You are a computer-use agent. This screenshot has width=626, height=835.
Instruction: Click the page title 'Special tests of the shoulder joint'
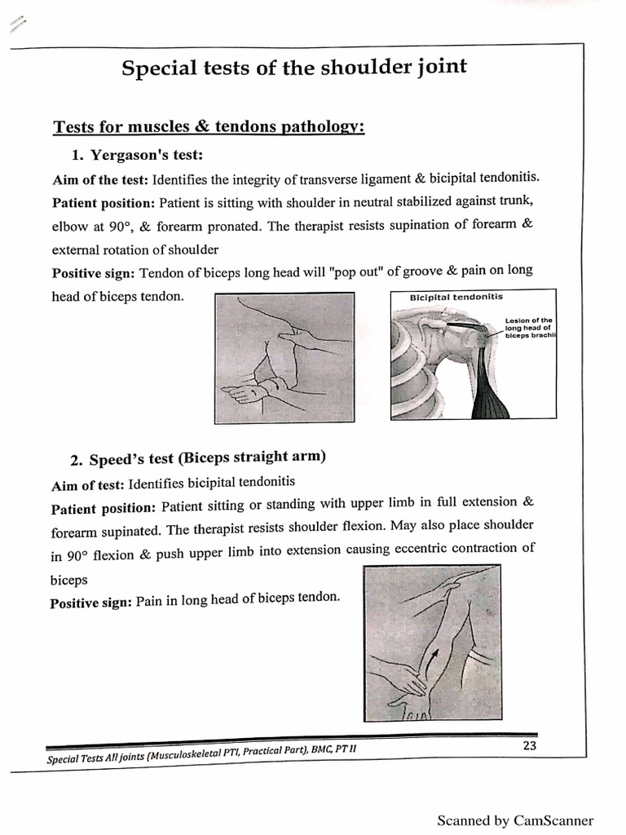[x=294, y=67]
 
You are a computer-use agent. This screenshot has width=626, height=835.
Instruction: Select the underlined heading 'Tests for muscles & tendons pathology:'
[x=208, y=127]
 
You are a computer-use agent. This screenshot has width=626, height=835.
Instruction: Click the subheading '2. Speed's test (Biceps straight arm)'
[x=198, y=458]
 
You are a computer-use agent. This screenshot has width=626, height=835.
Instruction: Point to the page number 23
[x=529, y=744]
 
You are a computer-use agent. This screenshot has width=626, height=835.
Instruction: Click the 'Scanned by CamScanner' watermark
[x=515, y=820]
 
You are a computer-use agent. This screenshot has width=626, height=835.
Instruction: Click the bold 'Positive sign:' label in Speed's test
[x=91, y=603]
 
